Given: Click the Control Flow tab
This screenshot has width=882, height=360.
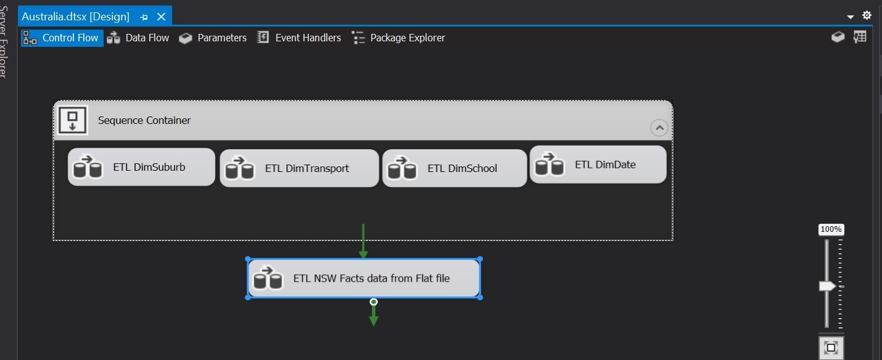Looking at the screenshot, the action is [x=62, y=38].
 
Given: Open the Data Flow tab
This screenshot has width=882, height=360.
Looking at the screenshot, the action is [x=138, y=38].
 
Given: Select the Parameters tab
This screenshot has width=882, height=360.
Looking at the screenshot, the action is [x=213, y=38].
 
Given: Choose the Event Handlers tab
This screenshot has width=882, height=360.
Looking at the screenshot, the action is [x=299, y=38].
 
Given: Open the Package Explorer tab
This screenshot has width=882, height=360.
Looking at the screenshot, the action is [x=398, y=38].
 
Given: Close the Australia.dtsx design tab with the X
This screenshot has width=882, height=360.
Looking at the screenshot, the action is [x=161, y=17].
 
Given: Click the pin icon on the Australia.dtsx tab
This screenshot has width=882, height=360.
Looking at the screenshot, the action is [x=144, y=17].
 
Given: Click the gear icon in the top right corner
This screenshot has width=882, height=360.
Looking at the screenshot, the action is [x=867, y=15].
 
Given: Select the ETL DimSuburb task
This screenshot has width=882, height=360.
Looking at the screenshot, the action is [x=141, y=167].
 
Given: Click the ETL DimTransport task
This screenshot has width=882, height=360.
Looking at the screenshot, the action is [x=299, y=168].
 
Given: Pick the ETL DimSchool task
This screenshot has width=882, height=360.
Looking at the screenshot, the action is [x=455, y=168].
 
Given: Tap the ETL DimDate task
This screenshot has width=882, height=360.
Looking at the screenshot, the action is [x=598, y=165].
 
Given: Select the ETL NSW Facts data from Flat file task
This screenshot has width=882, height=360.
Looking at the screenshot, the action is [x=363, y=278].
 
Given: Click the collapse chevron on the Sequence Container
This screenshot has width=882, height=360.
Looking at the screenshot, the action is [x=659, y=128].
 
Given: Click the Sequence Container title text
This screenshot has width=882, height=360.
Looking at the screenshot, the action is [x=144, y=120].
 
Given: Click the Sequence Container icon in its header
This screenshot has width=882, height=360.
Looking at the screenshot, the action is [x=72, y=120].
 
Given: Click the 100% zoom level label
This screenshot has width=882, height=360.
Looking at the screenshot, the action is [x=831, y=229].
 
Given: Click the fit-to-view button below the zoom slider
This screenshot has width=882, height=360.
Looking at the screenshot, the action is [x=831, y=348].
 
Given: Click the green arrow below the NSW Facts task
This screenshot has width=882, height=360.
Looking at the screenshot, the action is [x=374, y=314].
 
